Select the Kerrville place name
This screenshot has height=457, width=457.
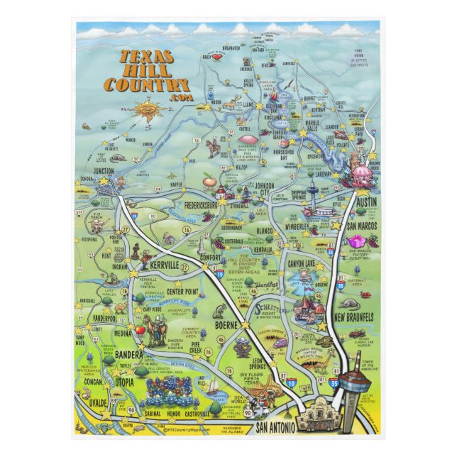click(170, 264)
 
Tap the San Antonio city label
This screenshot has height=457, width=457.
click(271, 427)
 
